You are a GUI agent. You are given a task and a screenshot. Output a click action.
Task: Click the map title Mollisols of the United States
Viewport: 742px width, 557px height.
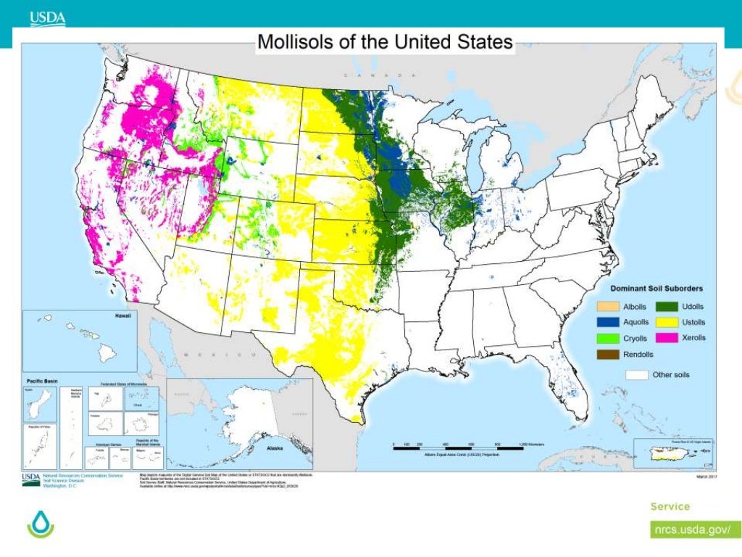point(385,41)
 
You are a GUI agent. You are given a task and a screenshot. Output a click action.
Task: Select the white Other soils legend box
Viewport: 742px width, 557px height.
point(636,375)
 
